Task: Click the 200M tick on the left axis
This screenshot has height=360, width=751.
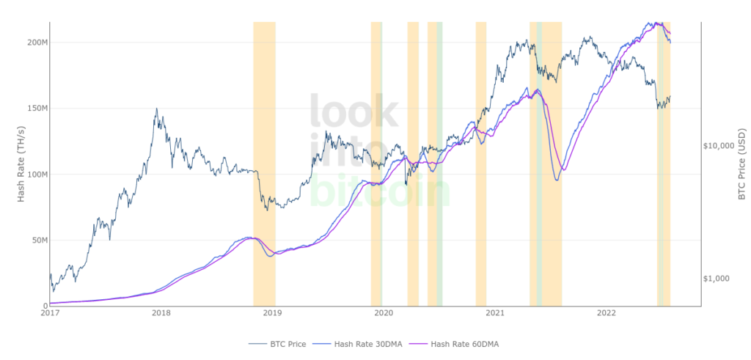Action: (x=37, y=43)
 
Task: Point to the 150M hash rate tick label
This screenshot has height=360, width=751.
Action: (x=37, y=109)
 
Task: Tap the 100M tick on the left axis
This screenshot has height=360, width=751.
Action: (x=37, y=175)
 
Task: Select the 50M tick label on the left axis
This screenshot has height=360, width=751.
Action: (x=39, y=240)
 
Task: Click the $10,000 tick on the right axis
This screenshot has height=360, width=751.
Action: (x=719, y=146)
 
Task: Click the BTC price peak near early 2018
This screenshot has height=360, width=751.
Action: (x=156, y=109)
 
